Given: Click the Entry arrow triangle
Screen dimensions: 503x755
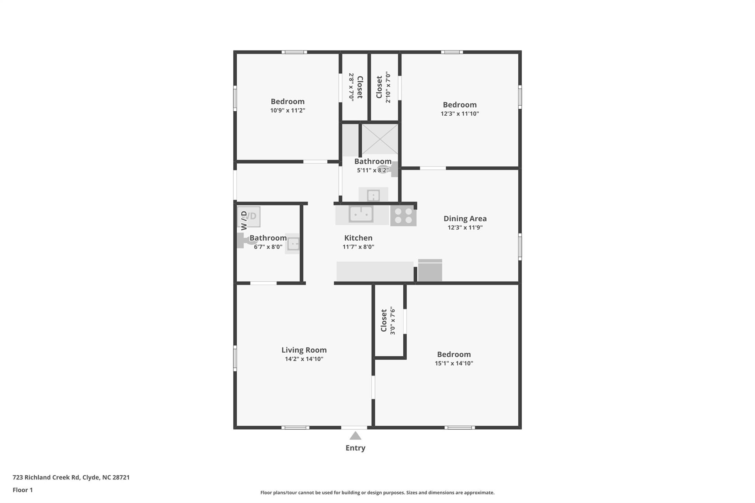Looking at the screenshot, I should [355, 436].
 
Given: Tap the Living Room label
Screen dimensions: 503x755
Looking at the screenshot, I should [304, 350].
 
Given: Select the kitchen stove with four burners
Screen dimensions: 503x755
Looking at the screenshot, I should [403, 216].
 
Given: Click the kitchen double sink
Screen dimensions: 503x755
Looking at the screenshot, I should [361, 214].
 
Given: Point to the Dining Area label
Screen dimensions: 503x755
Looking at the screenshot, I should [465, 219].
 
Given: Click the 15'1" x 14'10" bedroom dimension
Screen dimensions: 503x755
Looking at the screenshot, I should [454, 363].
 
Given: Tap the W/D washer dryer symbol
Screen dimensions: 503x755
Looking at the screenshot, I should [249, 217].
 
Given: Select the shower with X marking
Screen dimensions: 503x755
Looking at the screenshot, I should [379, 139].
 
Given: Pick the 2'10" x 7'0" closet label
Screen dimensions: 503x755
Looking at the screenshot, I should [383, 87].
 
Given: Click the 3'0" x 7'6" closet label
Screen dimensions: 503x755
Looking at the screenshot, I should [388, 321].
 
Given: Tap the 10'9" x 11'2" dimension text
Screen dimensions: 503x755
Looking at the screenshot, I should [288, 110].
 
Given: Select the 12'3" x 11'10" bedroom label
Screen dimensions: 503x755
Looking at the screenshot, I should [460, 105].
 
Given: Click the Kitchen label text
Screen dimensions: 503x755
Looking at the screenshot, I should [358, 238].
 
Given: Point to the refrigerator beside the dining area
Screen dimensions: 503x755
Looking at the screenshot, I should [430, 270].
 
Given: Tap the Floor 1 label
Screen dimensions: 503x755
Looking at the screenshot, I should [23, 490].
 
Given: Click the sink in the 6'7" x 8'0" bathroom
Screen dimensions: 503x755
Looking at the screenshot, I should [293, 244].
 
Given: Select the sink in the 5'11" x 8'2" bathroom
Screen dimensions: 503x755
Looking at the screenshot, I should [373, 195].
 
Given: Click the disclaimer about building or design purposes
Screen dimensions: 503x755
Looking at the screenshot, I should [377, 492].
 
